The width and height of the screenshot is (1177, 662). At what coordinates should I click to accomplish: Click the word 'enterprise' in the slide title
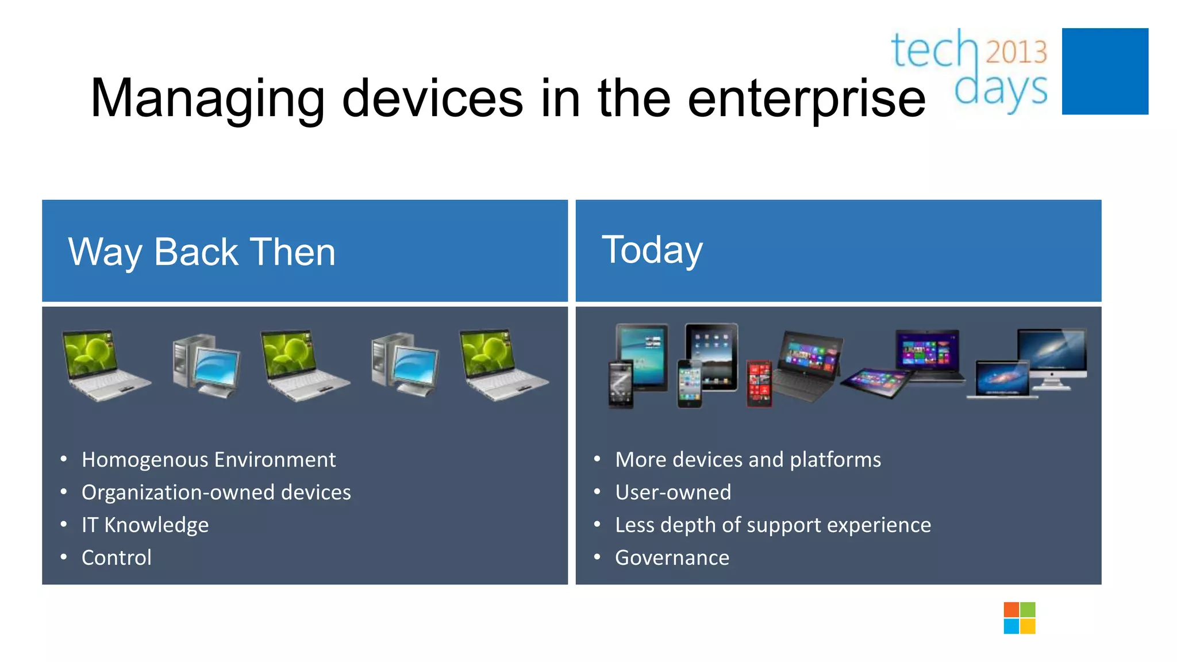tap(806, 99)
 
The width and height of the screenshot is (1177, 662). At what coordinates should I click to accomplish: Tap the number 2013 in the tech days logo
tap(1016, 52)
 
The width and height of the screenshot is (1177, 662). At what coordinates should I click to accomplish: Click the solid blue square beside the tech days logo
tap(1105, 71)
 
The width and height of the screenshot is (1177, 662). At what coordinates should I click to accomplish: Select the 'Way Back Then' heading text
tap(202, 252)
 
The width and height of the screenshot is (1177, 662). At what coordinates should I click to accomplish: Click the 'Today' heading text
tap(652, 250)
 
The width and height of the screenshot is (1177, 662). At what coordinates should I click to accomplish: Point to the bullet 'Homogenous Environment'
tap(208, 460)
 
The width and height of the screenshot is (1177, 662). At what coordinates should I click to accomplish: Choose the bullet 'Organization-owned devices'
tap(216, 492)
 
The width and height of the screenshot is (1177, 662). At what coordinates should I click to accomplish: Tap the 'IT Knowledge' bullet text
tap(145, 525)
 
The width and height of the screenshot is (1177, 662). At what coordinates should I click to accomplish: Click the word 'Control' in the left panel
tap(117, 558)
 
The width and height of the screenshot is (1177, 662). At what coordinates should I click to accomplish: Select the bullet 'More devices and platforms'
tap(748, 460)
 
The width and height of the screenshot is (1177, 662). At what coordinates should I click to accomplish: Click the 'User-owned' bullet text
tap(673, 492)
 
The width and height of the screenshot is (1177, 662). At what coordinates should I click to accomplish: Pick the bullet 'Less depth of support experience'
tap(772, 525)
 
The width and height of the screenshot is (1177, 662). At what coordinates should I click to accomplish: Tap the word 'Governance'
tap(672, 558)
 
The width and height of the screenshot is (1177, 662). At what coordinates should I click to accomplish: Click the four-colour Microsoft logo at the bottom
tap(1019, 618)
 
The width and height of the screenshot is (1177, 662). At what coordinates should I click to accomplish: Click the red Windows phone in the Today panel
tap(759, 383)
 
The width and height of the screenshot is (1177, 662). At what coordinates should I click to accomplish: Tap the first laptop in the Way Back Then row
tap(103, 365)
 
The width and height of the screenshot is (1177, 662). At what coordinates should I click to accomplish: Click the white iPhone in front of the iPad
tap(689, 384)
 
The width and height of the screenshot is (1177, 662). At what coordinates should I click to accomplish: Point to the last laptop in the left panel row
tap(501, 365)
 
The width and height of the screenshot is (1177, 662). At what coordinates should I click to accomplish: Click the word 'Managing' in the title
tap(207, 99)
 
